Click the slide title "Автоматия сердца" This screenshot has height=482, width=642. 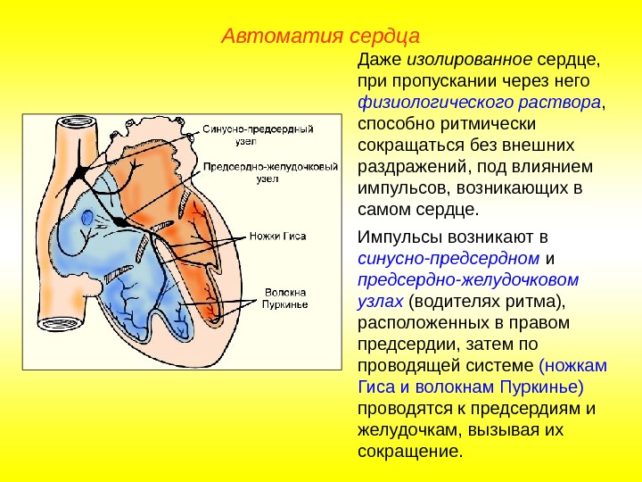point(320,37)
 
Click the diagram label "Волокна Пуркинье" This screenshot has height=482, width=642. point(284,298)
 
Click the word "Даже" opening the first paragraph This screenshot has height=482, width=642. point(379,61)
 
